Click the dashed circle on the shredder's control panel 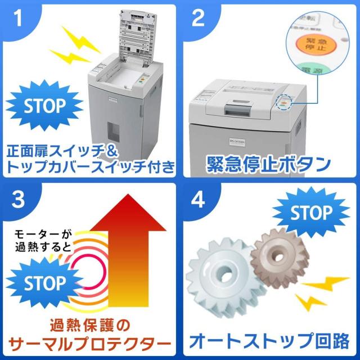click(x=285, y=103)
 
